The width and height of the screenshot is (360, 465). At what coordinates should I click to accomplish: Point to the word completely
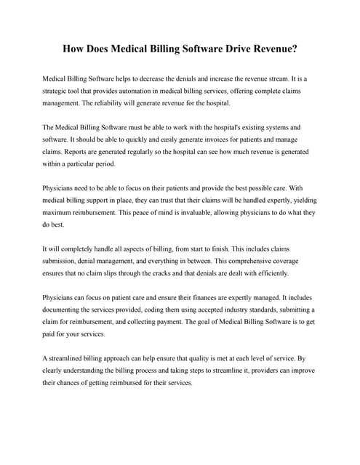(x=73, y=248)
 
